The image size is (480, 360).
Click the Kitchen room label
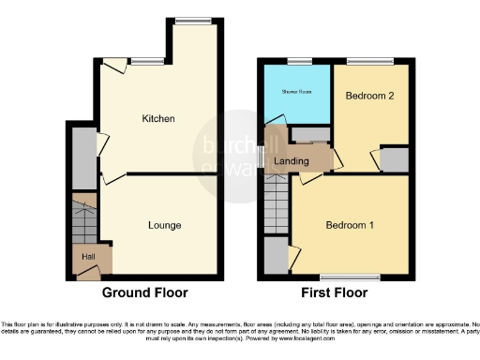158,119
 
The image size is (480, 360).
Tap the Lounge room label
164,225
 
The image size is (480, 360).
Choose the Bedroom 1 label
350,226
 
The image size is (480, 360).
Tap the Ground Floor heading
144,292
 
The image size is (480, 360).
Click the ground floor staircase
83,220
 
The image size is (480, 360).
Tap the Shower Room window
299,61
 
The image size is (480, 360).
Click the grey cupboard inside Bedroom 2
395,160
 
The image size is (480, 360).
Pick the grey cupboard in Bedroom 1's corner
276,253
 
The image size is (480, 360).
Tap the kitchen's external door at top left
112,66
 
